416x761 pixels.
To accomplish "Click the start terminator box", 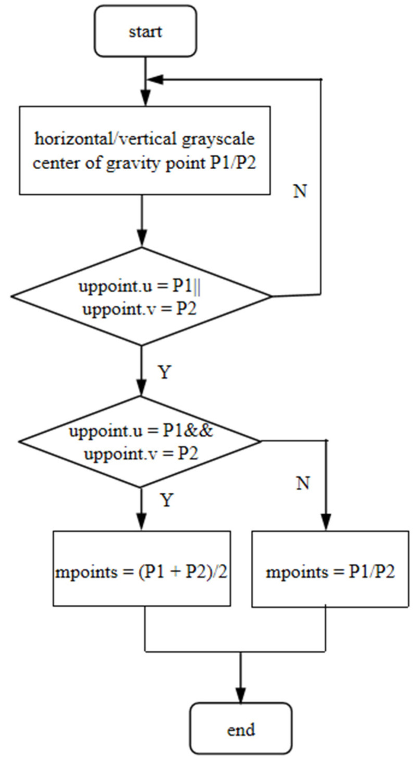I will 145,31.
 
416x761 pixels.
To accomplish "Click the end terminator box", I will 240,729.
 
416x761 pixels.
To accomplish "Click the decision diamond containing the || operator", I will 142,296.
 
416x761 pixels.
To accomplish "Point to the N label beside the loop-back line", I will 300,191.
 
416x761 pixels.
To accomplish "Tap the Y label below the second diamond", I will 166,500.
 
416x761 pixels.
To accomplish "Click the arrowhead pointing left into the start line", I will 155,79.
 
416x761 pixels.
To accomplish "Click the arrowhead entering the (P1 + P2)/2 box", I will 142,524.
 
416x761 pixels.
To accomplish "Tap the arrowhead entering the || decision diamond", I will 142,241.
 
